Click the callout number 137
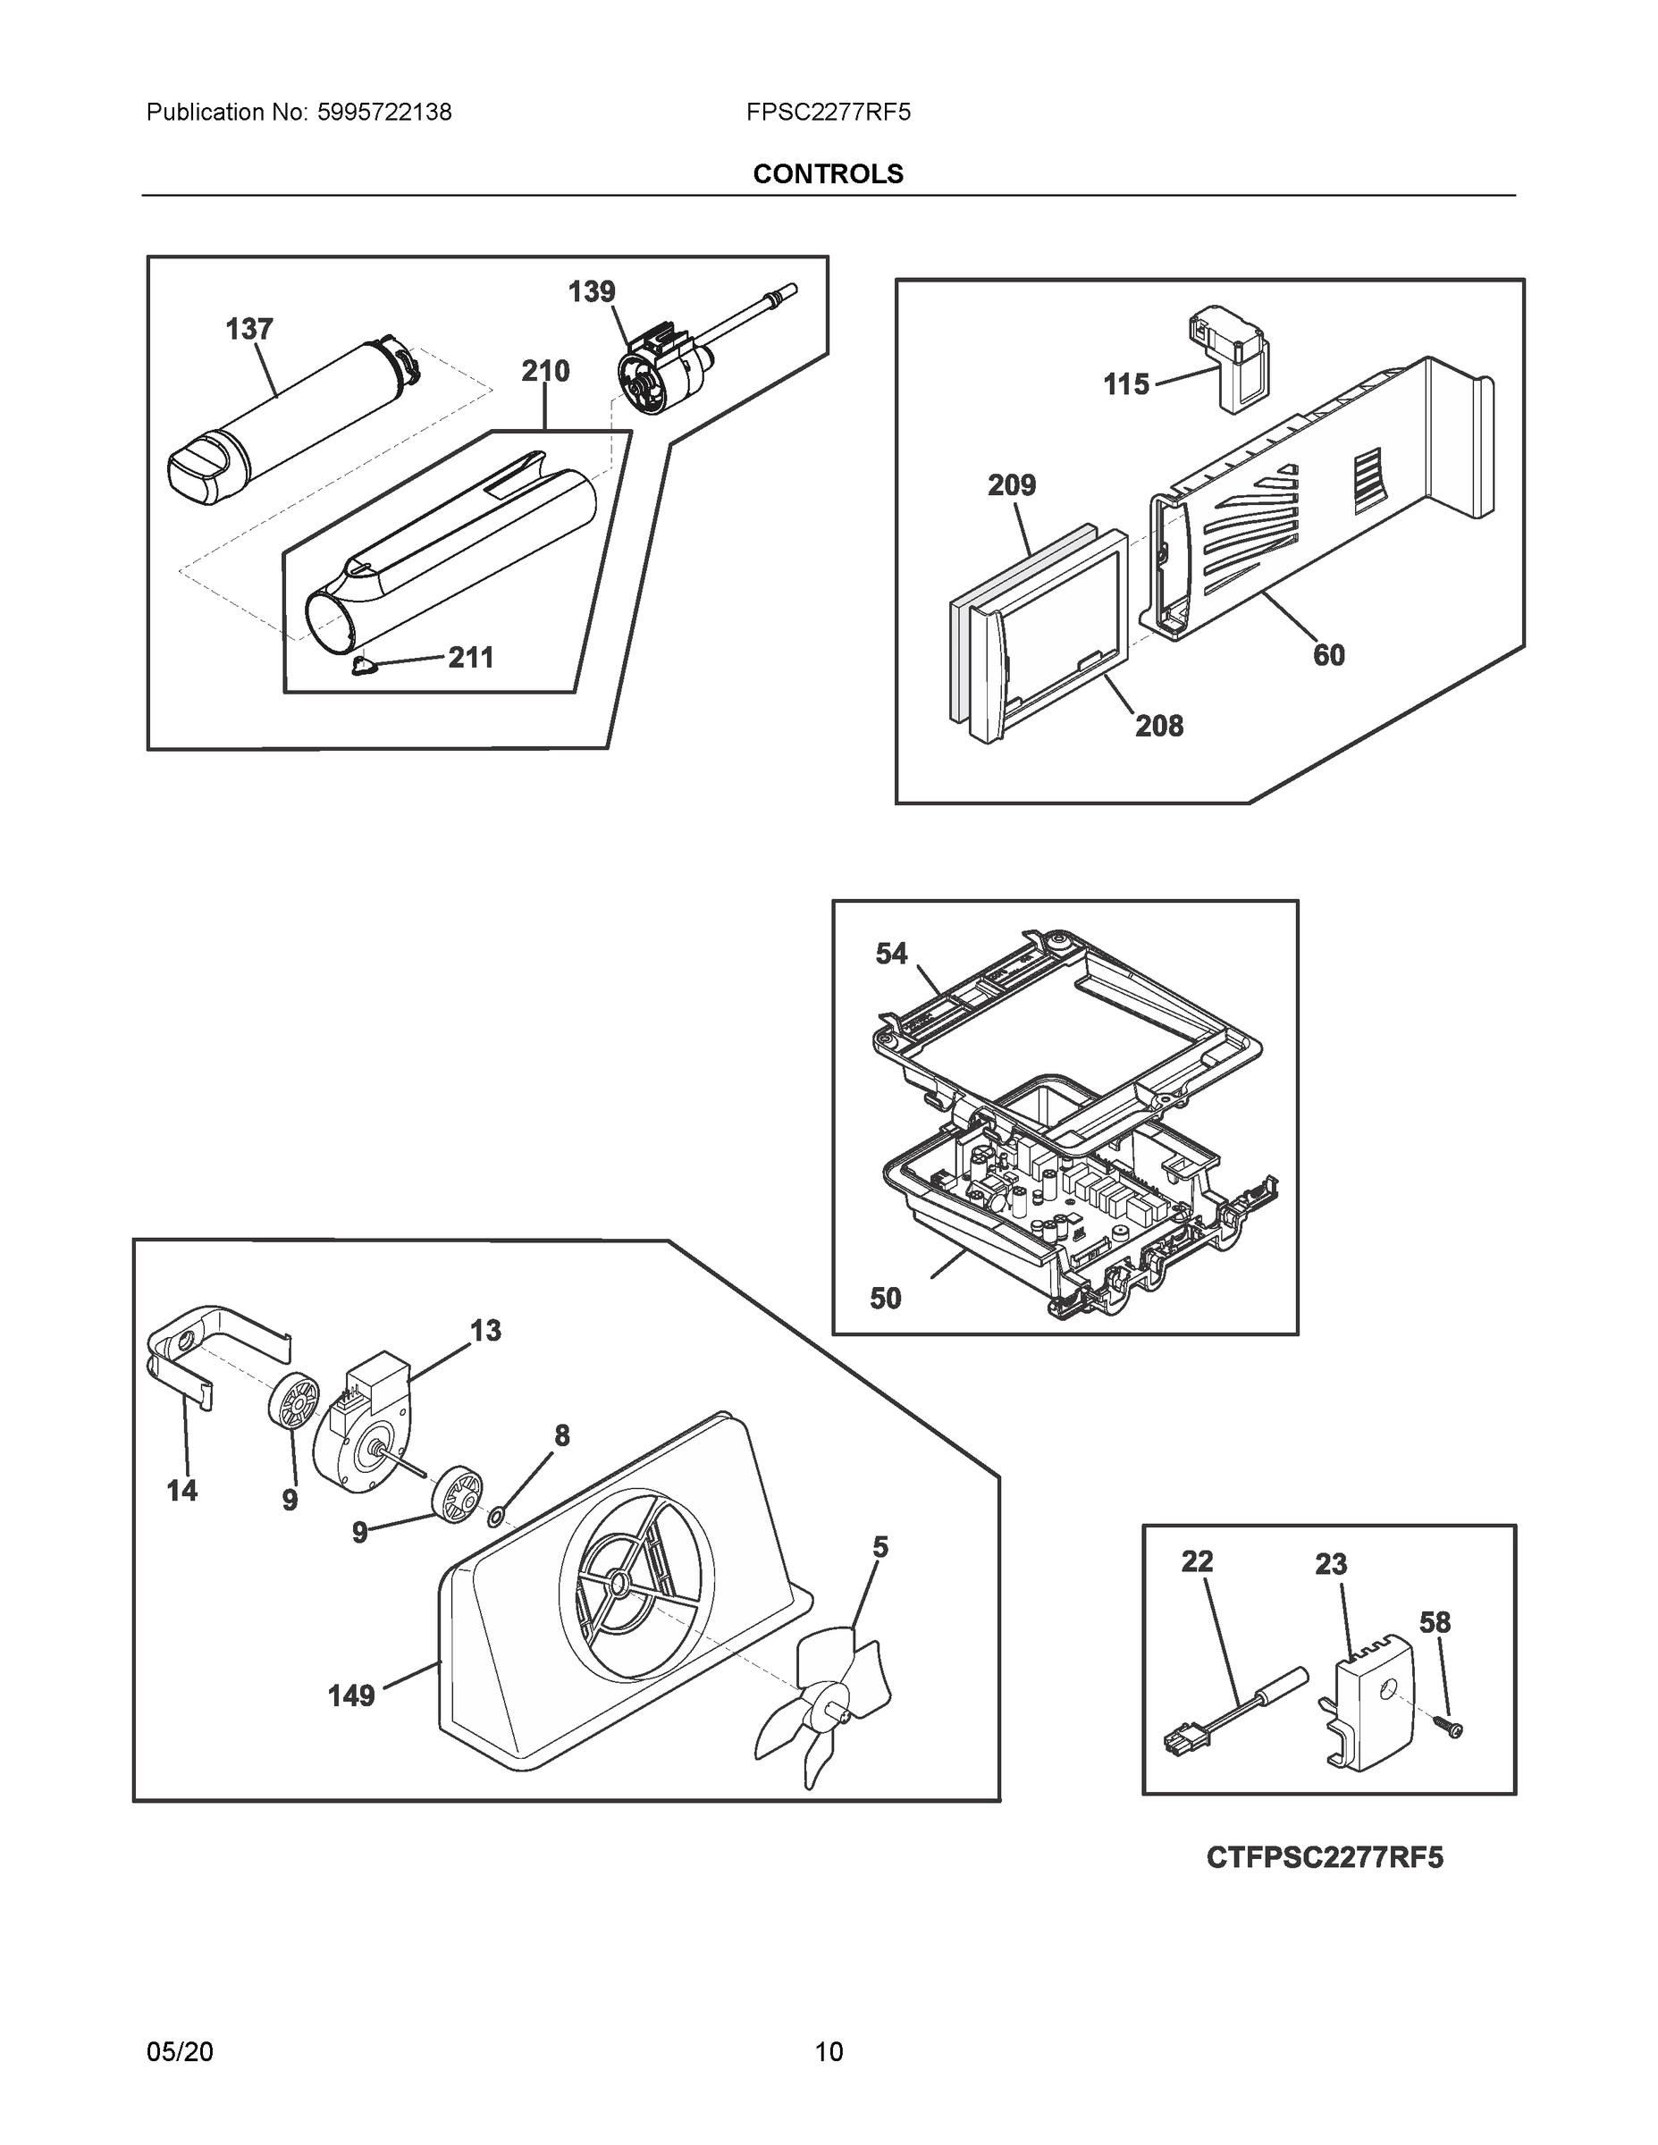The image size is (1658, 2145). tap(248, 329)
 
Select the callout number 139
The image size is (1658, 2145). tap(592, 291)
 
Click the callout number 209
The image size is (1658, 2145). tap(1012, 485)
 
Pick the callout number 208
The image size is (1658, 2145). tap(1159, 726)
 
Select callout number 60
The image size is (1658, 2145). tap(1329, 654)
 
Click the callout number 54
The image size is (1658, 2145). tap(892, 954)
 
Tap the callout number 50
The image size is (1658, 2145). tap(885, 1299)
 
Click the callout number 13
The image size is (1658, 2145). tap(485, 1331)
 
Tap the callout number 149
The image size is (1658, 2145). tap(350, 1695)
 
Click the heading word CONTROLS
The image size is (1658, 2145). tap(828, 174)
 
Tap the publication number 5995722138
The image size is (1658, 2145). tap(384, 113)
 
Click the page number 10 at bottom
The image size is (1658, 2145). tap(829, 2052)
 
